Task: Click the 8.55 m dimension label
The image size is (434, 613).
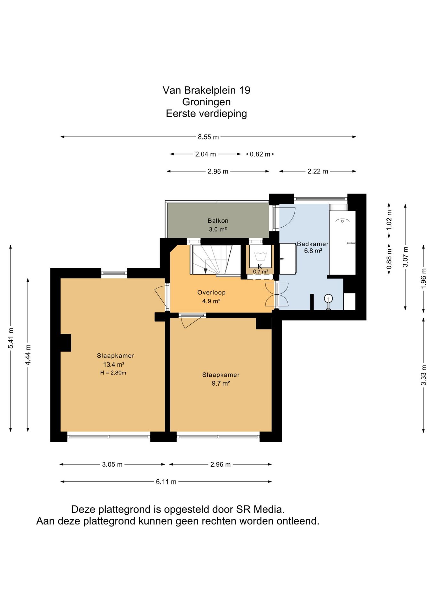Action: coord(208,137)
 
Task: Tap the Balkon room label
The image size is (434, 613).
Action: coord(218,221)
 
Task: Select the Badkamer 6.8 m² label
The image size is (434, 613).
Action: coord(313,247)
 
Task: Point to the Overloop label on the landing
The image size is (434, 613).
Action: coord(211,292)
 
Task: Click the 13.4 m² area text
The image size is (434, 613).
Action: coord(114,364)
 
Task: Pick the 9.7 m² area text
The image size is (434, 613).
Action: coord(221,383)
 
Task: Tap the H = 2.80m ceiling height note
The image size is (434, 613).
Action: coord(113,373)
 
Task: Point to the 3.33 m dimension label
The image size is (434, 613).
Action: coord(423,375)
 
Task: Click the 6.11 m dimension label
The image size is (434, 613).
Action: coord(166,482)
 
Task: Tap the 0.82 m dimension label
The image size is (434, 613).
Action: coord(260,154)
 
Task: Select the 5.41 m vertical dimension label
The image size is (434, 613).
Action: coord(11,338)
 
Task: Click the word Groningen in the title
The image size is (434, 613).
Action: coord(206,102)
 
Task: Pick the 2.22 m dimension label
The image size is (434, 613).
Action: coord(318,171)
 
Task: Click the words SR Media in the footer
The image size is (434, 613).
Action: coord(260,509)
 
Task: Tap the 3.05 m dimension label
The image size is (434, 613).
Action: coord(112,465)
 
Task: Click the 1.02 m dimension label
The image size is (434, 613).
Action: coord(389,220)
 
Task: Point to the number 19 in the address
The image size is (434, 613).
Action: coord(244,90)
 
